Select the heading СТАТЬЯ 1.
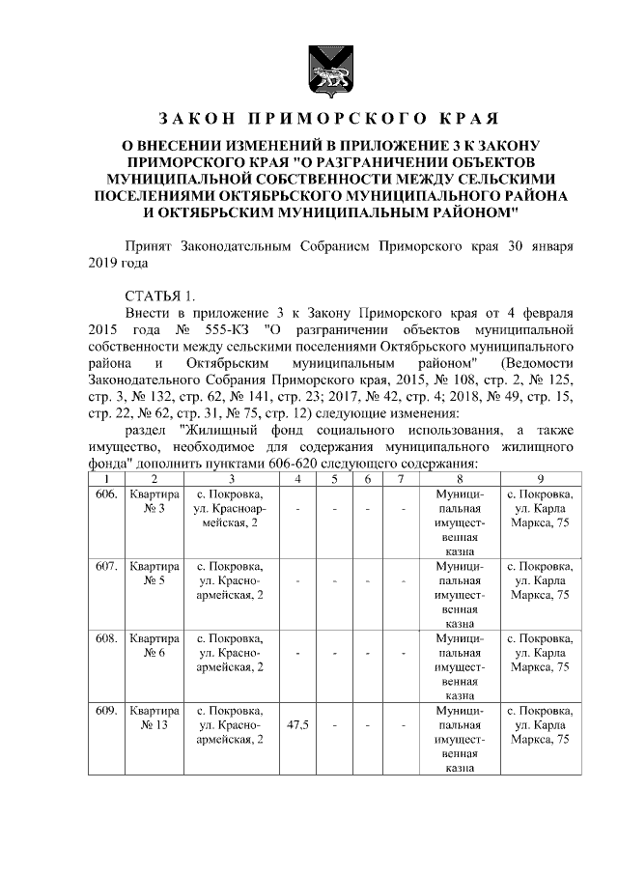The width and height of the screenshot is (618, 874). tap(160, 295)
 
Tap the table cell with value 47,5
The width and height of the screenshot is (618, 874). tap(298, 724)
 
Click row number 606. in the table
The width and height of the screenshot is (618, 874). tap(106, 494)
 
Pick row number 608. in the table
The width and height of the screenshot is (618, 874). tap(106, 638)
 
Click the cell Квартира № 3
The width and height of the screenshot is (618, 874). tap(154, 502)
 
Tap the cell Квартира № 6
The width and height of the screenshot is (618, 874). tap(154, 646)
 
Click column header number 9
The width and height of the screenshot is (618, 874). tap(540, 479)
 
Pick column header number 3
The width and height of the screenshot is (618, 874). tap(232, 479)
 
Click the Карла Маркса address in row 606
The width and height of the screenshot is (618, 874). tap(540, 510)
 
